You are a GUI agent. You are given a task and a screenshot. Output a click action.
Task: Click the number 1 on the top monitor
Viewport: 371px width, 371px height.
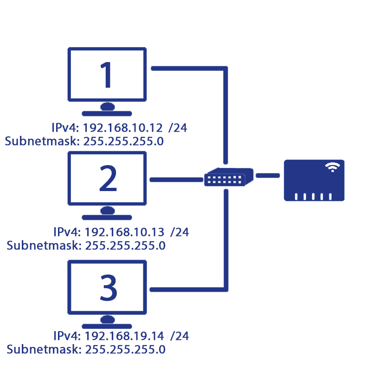pos(107,75)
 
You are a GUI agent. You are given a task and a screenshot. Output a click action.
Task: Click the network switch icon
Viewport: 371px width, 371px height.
pos(229,177)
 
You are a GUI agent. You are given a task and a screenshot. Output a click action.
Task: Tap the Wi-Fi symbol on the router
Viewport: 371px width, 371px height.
pos(332,167)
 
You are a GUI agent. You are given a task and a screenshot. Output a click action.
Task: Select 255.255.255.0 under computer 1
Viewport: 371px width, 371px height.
pos(123,141)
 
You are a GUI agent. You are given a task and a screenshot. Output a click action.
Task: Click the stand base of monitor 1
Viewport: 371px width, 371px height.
pos(107,113)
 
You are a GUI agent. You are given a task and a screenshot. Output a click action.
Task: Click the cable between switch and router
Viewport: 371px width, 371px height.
pos(268,175)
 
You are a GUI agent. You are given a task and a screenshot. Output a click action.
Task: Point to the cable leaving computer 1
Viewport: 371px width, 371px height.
pos(185,69)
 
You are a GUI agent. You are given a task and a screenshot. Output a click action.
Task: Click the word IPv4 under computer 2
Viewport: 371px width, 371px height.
pos(68,232)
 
